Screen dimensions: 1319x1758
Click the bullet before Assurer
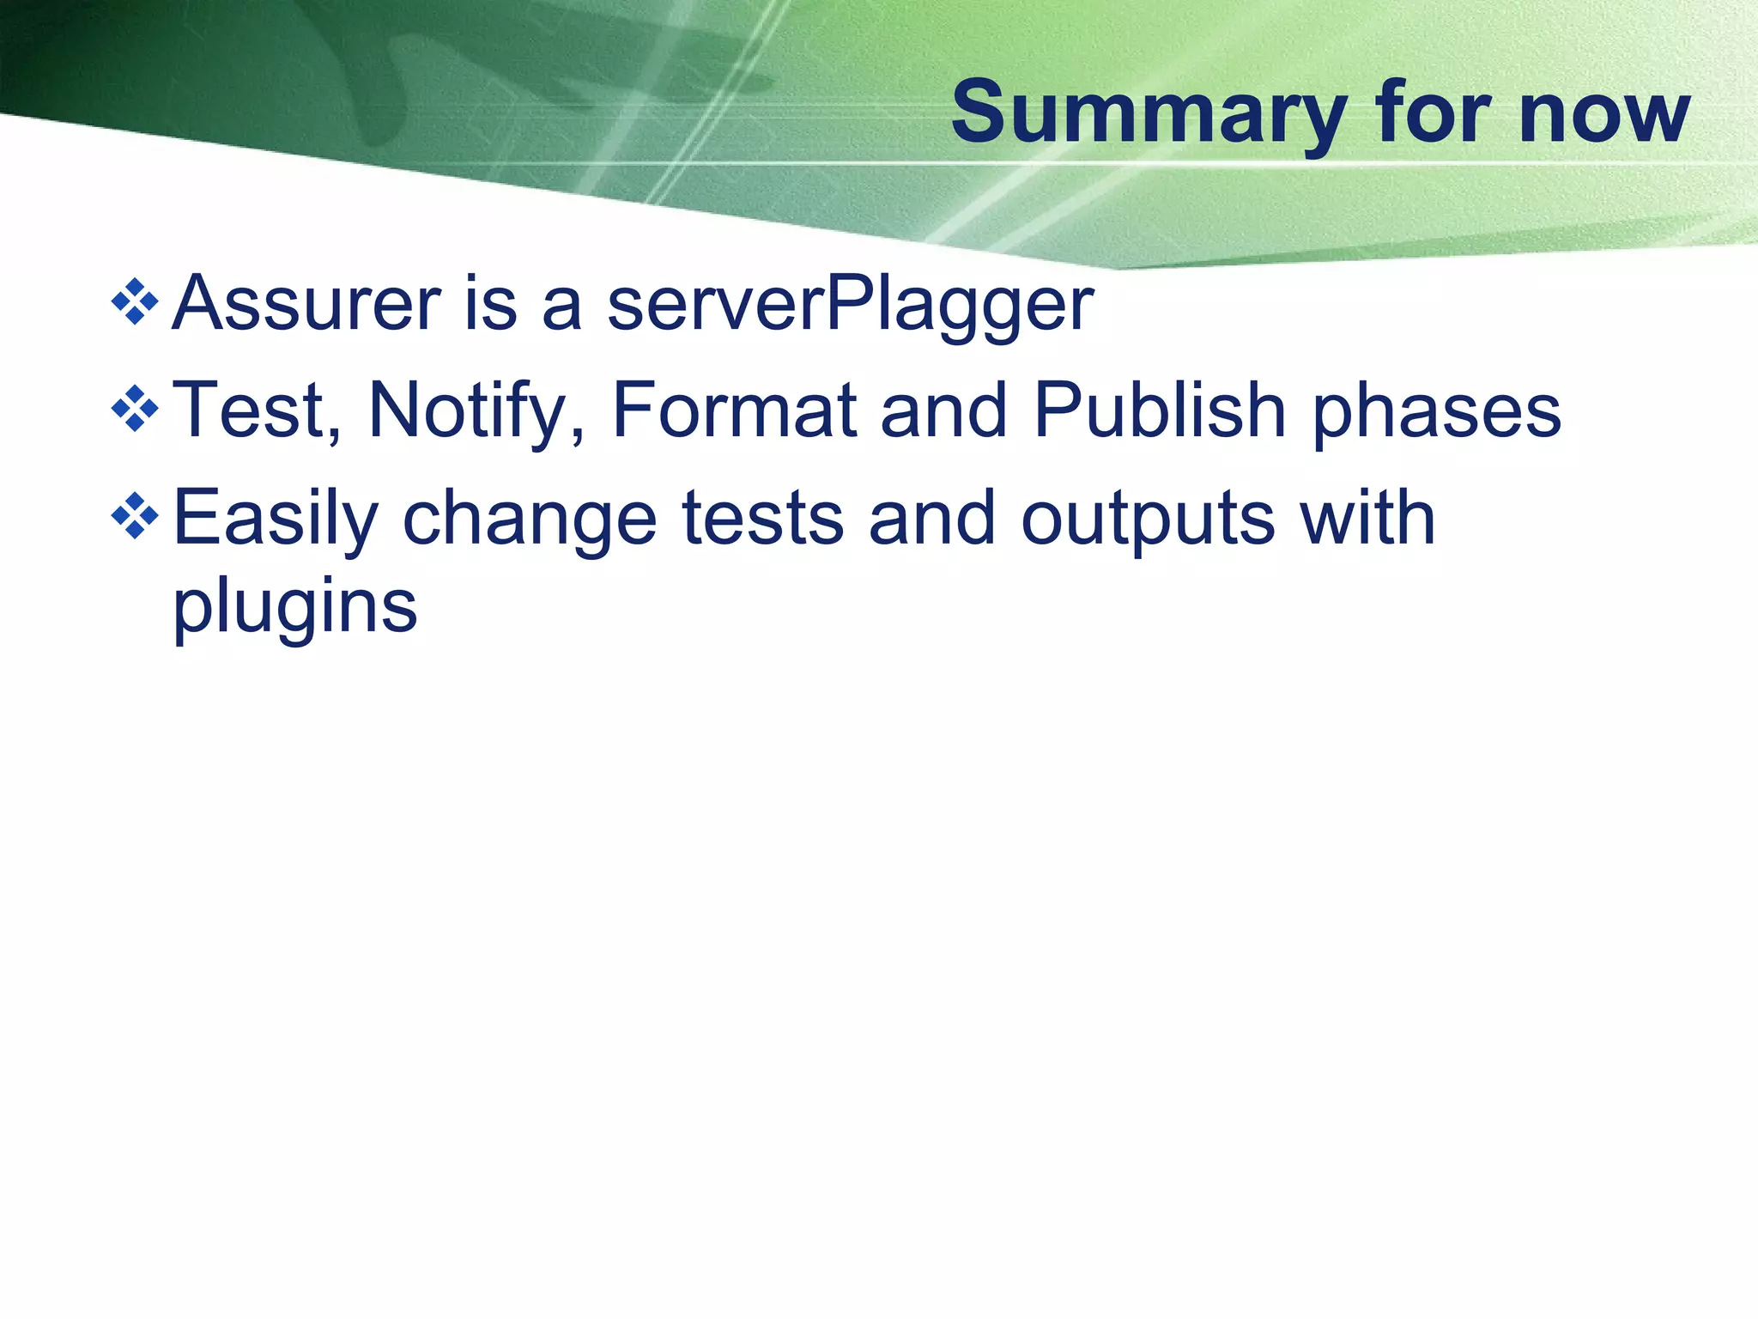coord(135,302)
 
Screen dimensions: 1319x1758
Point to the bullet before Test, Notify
coord(135,410)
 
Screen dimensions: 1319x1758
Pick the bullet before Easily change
coord(135,517)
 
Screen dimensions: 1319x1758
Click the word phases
coord(1437,413)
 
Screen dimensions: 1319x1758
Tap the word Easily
coord(276,520)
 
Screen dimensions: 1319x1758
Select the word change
coord(530,520)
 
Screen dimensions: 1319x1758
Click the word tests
coord(762,519)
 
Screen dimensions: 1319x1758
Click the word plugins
coord(295,609)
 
